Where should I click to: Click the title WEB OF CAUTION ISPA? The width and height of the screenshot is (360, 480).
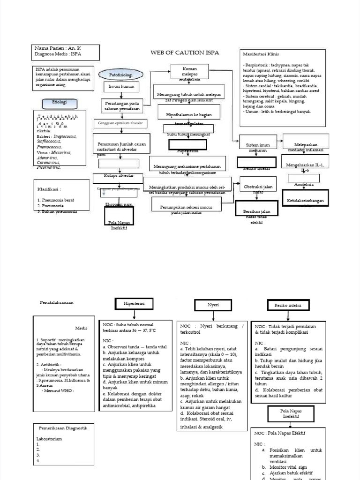pos(184,52)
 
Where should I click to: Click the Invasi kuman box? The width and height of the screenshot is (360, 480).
pos(118,87)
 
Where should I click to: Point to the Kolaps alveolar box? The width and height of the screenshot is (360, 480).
pos(119,176)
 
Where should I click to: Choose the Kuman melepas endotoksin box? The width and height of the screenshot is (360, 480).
pos(189,74)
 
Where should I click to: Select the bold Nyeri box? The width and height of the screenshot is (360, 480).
pos(213,305)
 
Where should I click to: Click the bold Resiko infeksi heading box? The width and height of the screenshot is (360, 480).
pos(288,305)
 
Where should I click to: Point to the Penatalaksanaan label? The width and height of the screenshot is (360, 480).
pos(57,303)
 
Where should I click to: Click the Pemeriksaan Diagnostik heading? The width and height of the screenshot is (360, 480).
pos(63,428)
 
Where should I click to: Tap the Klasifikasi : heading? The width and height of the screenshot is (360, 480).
pos(49,189)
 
